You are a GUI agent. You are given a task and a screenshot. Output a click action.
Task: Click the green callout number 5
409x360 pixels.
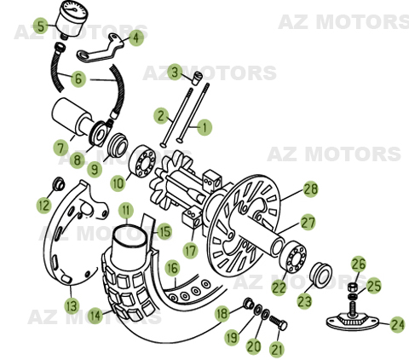click(x=41, y=26)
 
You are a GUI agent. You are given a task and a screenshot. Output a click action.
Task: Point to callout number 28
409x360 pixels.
click(x=310, y=189)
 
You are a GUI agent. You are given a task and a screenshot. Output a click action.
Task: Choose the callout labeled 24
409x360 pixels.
click(x=396, y=324)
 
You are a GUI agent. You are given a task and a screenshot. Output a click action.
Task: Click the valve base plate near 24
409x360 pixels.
click(x=352, y=321)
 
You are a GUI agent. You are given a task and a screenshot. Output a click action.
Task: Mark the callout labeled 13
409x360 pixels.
click(x=72, y=305)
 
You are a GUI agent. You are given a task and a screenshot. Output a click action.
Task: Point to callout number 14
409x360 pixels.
click(x=95, y=315)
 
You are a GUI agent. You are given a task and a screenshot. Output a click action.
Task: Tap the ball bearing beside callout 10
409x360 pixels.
click(x=142, y=159)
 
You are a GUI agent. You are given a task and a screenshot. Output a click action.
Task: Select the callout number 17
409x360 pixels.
click(x=190, y=251)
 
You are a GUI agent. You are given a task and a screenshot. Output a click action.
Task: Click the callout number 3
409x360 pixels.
click(x=174, y=72)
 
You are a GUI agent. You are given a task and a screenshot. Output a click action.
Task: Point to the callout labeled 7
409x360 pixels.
click(x=60, y=148)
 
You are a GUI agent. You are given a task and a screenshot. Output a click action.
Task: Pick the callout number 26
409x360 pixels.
click(x=359, y=264)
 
